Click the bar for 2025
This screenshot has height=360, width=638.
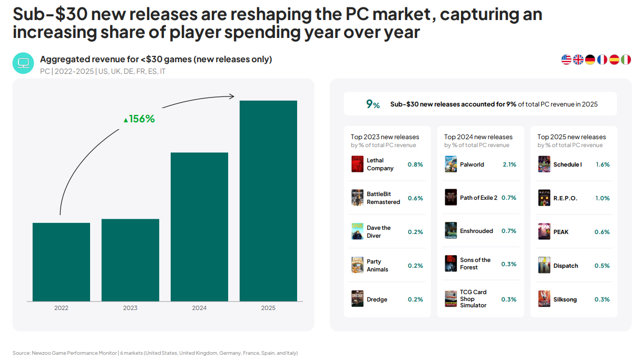[268, 201]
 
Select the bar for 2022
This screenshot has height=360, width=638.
[61, 262]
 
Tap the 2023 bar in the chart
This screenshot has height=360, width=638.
[130, 260]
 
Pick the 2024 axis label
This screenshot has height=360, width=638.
[199, 308]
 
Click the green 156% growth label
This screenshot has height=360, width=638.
[139, 119]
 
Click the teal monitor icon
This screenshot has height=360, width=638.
[23, 63]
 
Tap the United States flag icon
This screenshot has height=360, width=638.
[566, 60]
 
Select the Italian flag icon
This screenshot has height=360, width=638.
[626, 60]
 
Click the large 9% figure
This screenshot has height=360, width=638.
[372, 104]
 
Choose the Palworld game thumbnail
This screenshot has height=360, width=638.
[450, 164]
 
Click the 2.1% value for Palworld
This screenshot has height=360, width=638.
[509, 164]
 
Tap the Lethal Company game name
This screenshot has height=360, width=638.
[380, 164]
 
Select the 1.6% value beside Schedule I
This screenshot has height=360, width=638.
[602, 164]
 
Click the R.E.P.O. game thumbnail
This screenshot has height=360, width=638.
[544, 198]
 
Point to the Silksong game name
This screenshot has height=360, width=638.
[565, 299]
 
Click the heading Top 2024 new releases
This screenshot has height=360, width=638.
[478, 137]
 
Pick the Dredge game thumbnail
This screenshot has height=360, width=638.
[357, 299]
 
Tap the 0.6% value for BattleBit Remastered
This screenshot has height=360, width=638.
[415, 198]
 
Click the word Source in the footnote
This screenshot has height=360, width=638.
[21, 353]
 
